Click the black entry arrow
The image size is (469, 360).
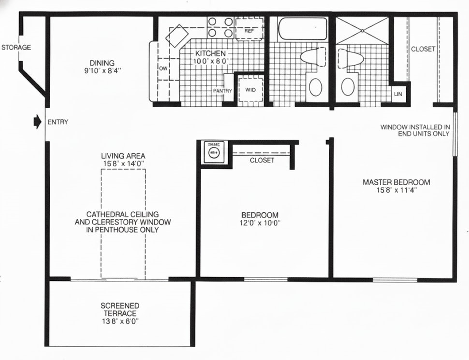coord(37,122)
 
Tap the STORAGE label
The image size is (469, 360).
coord(16,48)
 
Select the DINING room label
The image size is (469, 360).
coord(102,63)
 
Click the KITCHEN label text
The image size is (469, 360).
coord(210,53)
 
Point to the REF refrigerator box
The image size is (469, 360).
coord(249,31)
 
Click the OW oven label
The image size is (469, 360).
coord(163,68)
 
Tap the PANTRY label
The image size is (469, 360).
coord(223,91)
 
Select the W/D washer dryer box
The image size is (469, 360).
coord(249,90)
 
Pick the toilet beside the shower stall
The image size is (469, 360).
coord(350,58)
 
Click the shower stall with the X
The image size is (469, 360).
coord(362,31)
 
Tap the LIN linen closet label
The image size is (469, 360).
coord(398,94)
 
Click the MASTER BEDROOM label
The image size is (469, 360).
coord(396,182)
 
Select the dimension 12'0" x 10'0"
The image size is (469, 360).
coord(260,223)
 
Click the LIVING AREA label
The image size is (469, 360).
coord(123,156)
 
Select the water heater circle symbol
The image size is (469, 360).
coord(214,153)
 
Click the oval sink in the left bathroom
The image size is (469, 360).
coord(315,87)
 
